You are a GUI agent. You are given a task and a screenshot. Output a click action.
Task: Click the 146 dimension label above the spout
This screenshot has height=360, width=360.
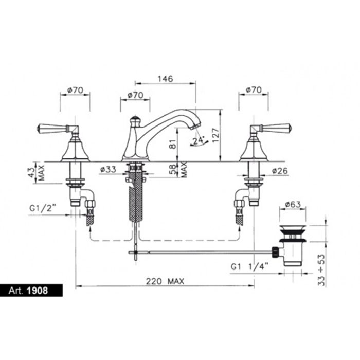tap(165, 79)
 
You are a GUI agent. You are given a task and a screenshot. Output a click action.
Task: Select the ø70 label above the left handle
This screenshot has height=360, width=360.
tap(75, 90)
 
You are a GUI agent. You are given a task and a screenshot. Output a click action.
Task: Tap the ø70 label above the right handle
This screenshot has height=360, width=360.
tap(254, 90)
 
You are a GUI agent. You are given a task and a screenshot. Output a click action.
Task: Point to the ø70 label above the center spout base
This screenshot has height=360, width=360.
tap(135, 95)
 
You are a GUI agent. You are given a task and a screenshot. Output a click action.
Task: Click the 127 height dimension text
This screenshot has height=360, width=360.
tap(215, 135)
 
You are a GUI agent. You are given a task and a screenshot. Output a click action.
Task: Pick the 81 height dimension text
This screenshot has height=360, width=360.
tap(173, 143)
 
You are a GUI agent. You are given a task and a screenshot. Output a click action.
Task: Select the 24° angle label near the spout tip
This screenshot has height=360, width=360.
tap(199, 140)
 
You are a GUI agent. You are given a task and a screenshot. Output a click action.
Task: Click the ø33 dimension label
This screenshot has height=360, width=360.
tap(109, 170)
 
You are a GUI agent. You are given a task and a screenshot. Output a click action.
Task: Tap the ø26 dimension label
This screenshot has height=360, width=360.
tap(280, 171)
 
